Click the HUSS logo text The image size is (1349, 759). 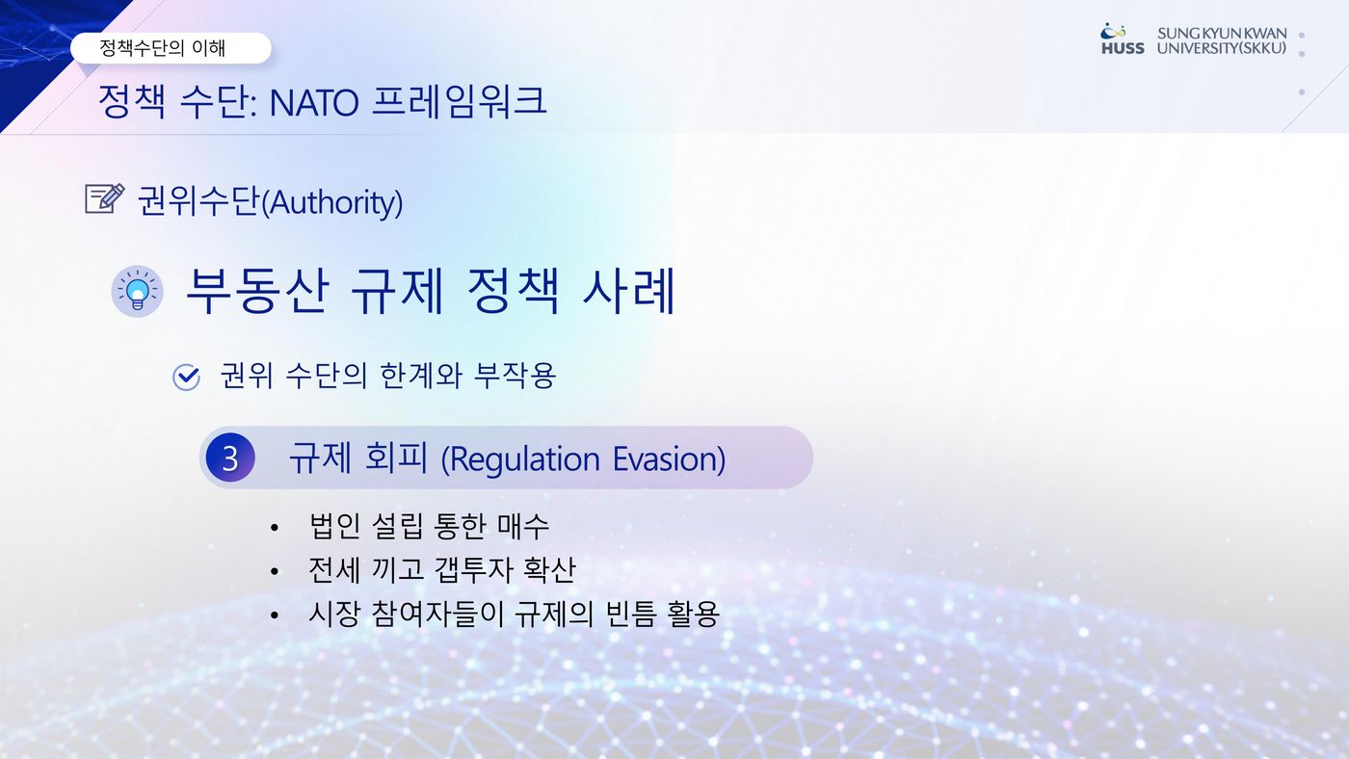coord(1123,48)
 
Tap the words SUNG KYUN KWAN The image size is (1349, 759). coord(1222,33)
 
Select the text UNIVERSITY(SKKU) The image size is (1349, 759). coord(1222,48)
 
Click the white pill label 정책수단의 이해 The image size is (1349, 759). coord(171,48)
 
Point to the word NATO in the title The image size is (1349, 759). coord(314,102)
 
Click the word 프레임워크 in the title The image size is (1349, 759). coord(460,101)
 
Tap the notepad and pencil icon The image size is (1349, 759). coord(105,198)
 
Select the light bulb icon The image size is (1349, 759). coord(137,291)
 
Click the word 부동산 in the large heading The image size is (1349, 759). coord(258,291)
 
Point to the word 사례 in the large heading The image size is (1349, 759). coord(628,291)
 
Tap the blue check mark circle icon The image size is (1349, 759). coord(186,378)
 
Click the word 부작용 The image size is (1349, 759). coord(515,376)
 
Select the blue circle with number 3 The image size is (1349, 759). coord(230,458)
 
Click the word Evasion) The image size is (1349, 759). coord(669,459)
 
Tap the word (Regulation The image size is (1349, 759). coord(521,460)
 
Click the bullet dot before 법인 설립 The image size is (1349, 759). coord(275,528)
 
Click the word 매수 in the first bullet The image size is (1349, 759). coord(522,526)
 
